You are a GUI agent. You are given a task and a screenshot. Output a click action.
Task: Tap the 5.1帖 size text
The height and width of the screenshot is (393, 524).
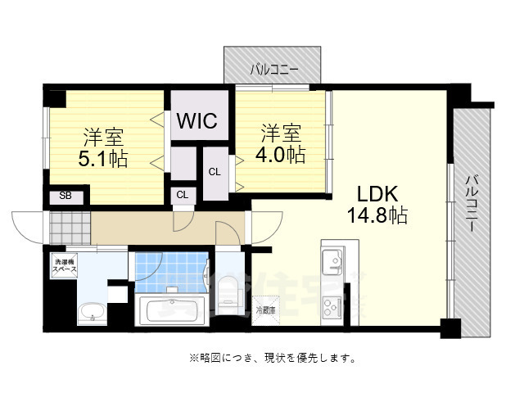click(x=103, y=159)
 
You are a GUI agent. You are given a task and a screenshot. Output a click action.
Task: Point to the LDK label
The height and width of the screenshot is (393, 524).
click(x=377, y=194)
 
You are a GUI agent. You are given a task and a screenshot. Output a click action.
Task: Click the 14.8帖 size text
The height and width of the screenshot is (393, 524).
click(x=377, y=216)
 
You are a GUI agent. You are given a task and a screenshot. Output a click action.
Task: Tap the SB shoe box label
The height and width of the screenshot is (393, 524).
click(x=65, y=196)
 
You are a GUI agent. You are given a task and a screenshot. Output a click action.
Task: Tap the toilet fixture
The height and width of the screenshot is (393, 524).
click(x=228, y=291)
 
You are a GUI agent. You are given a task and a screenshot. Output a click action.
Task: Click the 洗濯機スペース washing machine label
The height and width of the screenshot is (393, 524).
click(x=65, y=265)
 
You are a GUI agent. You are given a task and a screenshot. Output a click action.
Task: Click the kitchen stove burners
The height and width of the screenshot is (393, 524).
click(x=333, y=307)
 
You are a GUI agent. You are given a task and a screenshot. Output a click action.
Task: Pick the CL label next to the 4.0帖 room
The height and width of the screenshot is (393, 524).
click(x=215, y=172)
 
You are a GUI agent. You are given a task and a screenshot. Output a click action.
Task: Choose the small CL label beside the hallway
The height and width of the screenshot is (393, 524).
click(x=182, y=195)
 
